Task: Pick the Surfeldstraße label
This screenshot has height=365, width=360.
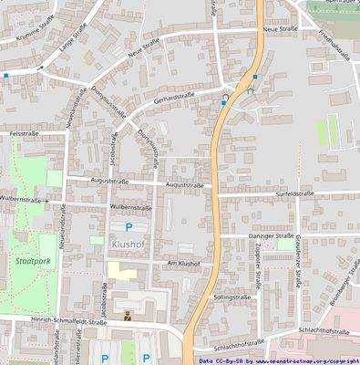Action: pyautogui.click(x=293, y=193)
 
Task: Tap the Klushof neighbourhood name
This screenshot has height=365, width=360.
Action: pyautogui.click(x=129, y=245)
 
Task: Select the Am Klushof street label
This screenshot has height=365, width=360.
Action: pyautogui.click(x=182, y=263)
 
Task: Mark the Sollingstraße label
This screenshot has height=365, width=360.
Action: pyautogui.click(x=231, y=297)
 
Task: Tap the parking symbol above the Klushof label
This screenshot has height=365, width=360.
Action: pyautogui.click(x=129, y=226)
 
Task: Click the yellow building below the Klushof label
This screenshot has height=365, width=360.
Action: pyautogui.click(x=121, y=271)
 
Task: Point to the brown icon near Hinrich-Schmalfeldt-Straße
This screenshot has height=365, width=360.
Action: pyautogui.click(x=127, y=315)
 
